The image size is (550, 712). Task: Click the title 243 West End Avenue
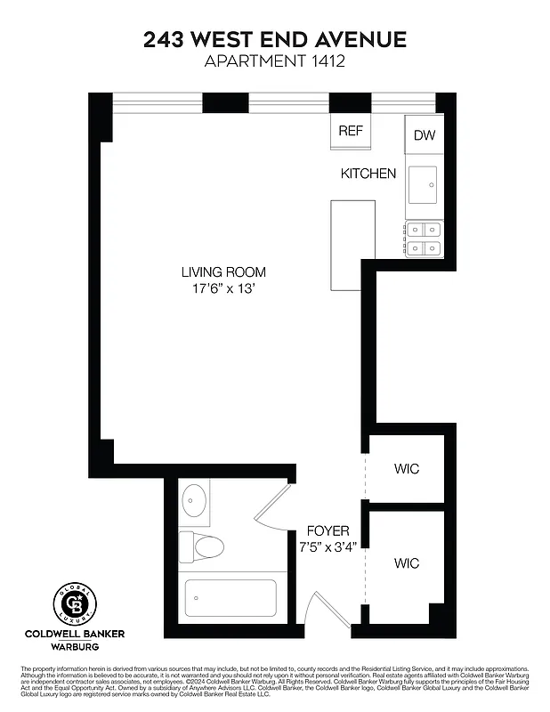pos(275,39)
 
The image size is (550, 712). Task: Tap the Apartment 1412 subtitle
pos(275,61)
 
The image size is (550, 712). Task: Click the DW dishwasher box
pos(425,135)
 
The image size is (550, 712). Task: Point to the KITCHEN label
pos(368,174)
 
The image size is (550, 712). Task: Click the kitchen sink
pos(425,185)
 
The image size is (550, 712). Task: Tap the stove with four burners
pos(425,238)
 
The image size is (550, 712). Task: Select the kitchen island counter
pos(352,245)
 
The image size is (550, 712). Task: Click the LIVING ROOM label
pos(223,272)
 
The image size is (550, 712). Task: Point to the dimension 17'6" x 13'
pos(223,288)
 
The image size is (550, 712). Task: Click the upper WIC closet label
pos(406,469)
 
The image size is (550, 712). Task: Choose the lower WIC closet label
pos(406,563)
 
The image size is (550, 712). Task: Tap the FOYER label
pos(328,530)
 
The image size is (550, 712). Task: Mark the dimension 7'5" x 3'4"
pos(328,546)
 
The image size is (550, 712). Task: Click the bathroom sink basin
pos(195,501)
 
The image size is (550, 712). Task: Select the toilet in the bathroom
pos(202,545)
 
